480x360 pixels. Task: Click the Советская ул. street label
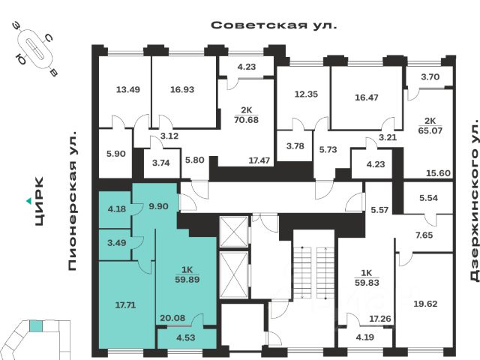(274, 24)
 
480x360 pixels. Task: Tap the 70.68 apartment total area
(245, 118)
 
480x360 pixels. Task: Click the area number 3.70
(430, 76)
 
